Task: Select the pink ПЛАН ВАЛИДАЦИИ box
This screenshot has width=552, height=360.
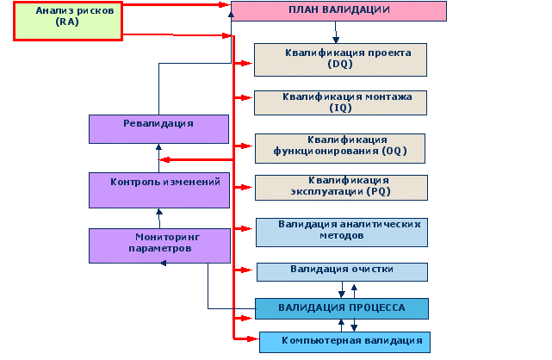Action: pos(338,11)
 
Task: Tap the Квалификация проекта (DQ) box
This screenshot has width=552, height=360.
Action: pos(339,59)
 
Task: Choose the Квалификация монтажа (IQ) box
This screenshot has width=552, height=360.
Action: pos(339,102)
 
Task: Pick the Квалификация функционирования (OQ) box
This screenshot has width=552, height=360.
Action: pos(339,146)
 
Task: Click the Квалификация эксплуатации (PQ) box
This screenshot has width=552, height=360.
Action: pos(339,186)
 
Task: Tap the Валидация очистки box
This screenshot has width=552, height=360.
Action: pos(341,270)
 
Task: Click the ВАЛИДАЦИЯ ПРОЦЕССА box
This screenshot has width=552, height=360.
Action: pos(341,308)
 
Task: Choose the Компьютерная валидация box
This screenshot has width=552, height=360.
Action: pos(343,341)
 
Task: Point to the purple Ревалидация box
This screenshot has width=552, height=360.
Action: pos(158,128)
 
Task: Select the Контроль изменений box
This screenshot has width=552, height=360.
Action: pos(158,188)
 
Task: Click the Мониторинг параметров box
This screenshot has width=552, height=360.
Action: pos(158,244)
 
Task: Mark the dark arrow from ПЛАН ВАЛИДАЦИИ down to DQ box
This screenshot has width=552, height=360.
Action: pos(336,33)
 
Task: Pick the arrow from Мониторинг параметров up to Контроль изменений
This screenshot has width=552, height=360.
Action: pos(158,217)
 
